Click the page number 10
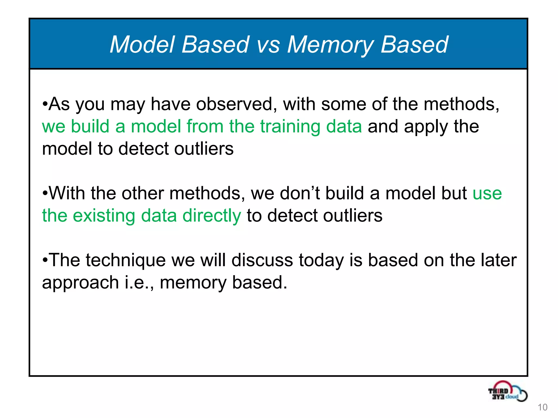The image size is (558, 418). click(x=542, y=407)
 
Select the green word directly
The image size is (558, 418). click(x=212, y=216)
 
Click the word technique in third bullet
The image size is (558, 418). click(x=126, y=260)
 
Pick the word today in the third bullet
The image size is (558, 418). click(x=321, y=260)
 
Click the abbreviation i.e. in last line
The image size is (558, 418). click(x=139, y=282)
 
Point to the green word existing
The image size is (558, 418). click(x=104, y=216)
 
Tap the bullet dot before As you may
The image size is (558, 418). click(x=45, y=104)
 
